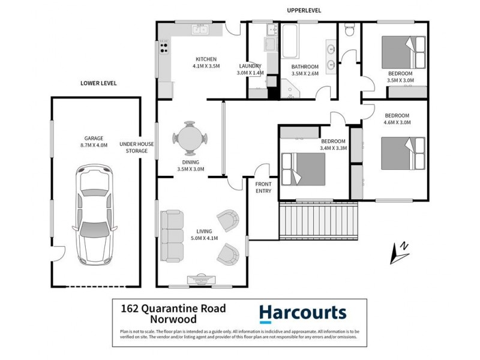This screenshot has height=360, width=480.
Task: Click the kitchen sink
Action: tap(199, 29)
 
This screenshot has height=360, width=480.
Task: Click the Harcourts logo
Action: tap(302, 313)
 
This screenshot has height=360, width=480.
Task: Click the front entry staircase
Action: tap(318, 220)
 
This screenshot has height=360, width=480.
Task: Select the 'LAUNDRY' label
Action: tap(250, 66)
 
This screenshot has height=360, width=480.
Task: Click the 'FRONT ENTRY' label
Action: tap(263, 187)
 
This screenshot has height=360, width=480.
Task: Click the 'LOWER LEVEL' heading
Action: tap(98, 83)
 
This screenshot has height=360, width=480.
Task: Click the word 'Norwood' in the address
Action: tap(143, 322)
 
